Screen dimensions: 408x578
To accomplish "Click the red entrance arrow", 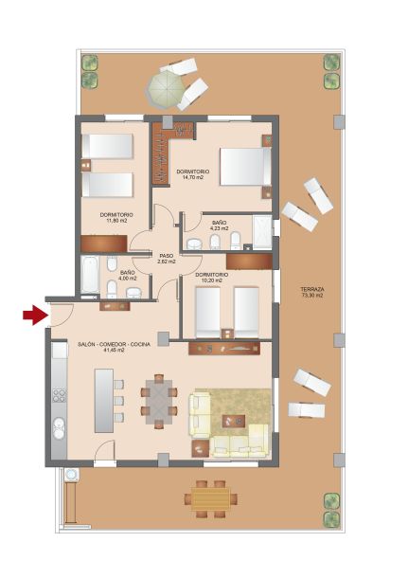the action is [36, 316].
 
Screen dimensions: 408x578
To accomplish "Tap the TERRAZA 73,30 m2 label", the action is [311, 293].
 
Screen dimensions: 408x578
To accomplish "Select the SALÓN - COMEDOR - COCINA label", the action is [115, 347].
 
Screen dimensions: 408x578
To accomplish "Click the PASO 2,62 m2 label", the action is [166, 259].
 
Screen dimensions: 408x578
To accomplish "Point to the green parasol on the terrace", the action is [166, 89].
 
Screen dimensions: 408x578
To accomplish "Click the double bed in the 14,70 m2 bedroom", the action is [245, 166].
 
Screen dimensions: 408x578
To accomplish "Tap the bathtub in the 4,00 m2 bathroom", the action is [90, 275].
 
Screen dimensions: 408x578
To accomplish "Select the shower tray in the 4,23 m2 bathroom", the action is [262, 232].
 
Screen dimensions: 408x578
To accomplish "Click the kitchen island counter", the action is [104, 401].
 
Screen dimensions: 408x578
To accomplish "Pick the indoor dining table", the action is [159, 402].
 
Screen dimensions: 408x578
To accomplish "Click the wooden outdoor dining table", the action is [211, 498].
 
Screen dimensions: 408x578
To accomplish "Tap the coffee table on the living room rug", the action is [234, 421].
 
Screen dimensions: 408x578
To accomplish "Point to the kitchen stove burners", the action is [59, 395].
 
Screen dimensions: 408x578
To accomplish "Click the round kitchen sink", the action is [59, 427].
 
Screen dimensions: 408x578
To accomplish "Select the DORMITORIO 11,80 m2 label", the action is [116, 218].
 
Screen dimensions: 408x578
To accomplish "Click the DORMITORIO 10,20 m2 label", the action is [211, 278].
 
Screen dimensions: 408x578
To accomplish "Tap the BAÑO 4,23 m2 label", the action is [219, 226].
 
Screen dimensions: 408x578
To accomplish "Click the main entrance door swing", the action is [62, 316].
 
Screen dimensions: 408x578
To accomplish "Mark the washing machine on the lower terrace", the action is [71, 475].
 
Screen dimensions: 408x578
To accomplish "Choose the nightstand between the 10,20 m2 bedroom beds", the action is [227, 334].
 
